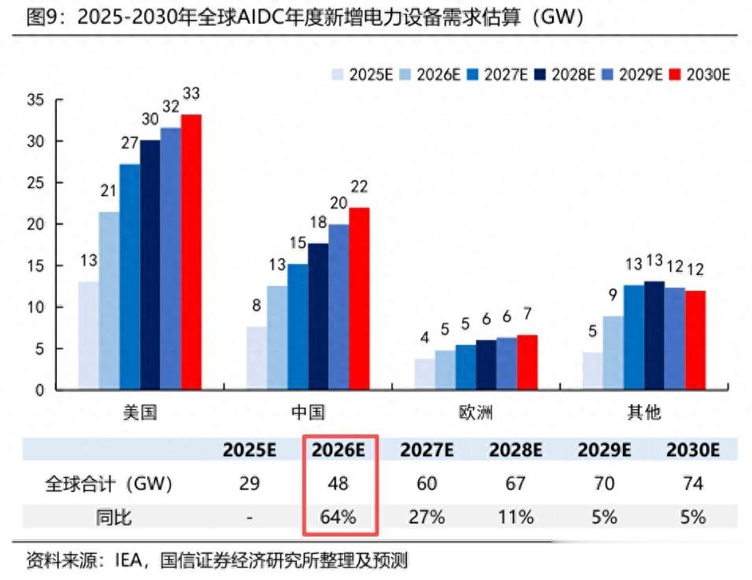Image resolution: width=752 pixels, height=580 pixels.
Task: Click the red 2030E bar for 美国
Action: tap(191, 252)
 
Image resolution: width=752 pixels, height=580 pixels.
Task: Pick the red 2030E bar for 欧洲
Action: tap(527, 362)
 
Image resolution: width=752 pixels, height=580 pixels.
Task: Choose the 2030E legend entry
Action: tap(700, 74)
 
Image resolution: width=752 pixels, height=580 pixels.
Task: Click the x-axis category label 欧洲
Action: tap(476, 412)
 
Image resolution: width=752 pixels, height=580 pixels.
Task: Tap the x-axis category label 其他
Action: tap(643, 412)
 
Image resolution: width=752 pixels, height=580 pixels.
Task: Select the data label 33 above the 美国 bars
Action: tap(191, 94)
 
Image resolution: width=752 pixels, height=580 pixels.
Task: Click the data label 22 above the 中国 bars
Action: tap(360, 187)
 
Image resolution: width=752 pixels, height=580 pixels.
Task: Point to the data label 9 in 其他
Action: tap(613, 296)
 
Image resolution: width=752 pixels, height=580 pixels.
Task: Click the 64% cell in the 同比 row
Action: tap(339, 517)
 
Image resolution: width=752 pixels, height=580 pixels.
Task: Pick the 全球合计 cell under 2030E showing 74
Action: tap(693, 483)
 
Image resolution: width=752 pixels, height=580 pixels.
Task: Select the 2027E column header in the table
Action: tap(427, 450)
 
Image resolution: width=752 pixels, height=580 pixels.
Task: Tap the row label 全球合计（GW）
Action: tap(108, 483)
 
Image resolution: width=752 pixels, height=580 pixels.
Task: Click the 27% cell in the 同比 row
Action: tap(427, 517)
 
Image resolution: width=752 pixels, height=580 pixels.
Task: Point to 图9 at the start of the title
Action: tap(41, 17)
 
